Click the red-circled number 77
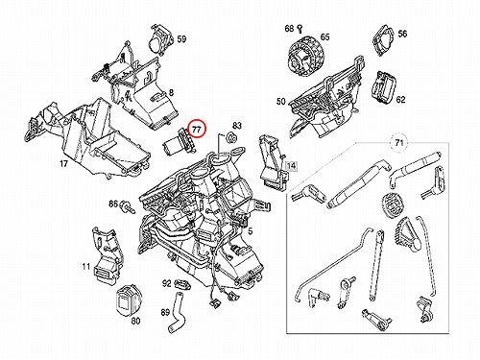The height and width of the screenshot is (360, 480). [196, 129]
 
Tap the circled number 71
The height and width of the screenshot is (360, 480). [398, 142]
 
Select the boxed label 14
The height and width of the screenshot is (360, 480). [291, 166]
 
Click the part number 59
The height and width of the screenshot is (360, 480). [181, 39]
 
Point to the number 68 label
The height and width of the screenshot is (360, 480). [289, 29]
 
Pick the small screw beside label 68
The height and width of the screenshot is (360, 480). [300, 29]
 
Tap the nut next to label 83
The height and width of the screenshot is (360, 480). [231, 137]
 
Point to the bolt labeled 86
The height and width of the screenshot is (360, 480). [127, 206]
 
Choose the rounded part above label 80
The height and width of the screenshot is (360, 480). [128, 300]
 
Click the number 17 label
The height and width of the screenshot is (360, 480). [63, 164]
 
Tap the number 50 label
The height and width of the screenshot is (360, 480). [280, 102]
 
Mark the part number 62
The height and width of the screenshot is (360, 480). [400, 100]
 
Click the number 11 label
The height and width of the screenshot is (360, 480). [85, 266]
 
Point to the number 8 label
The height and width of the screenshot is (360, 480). [171, 93]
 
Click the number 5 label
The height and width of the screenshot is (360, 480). [251, 231]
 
